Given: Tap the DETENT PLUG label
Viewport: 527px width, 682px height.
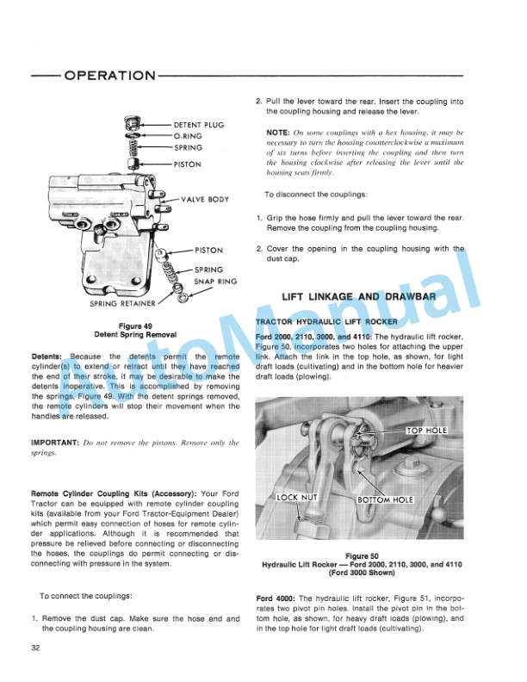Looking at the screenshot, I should (x=199, y=125).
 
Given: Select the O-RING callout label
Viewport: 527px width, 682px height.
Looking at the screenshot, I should (x=188, y=136).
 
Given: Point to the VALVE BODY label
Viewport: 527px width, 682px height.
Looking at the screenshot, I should (x=205, y=199).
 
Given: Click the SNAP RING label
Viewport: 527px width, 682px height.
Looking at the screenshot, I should (x=214, y=281).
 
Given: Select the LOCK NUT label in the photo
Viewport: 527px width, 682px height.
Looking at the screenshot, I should (x=298, y=498).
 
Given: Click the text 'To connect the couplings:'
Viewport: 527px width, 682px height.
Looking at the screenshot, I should (x=86, y=596).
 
